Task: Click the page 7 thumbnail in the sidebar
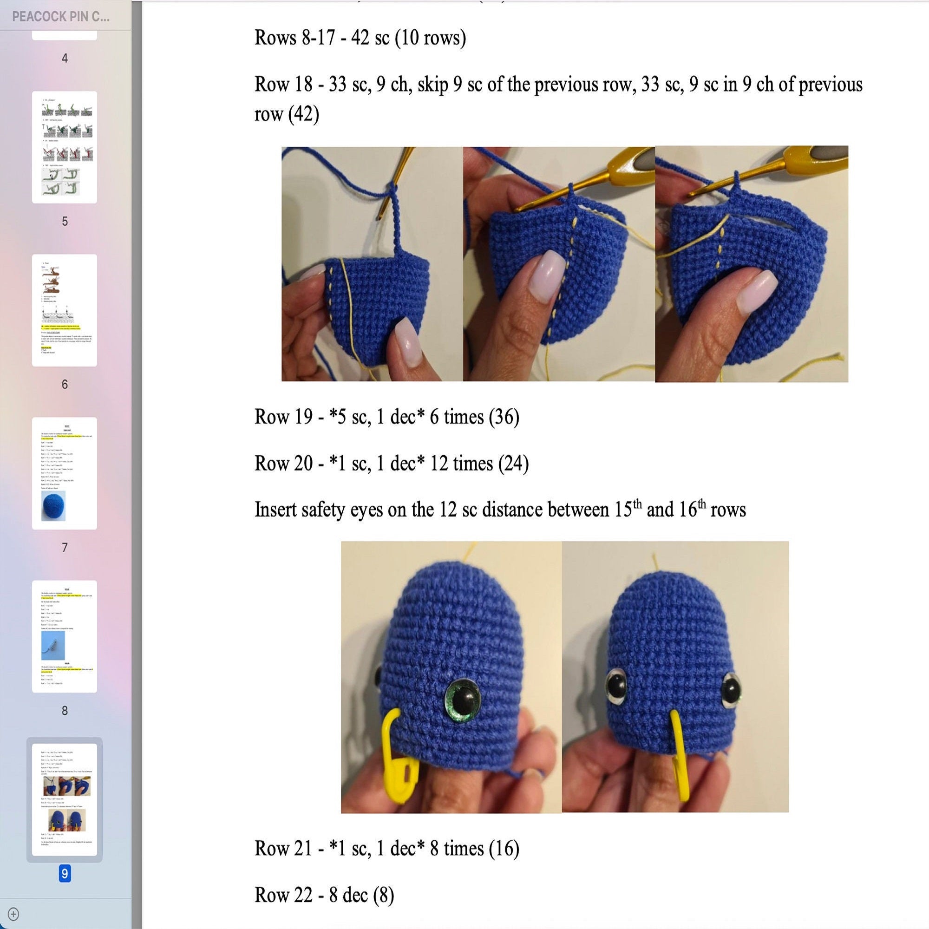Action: [x=65, y=473]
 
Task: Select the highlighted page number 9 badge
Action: [x=65, y=874]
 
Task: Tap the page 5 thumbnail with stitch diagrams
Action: [x=65, y=147]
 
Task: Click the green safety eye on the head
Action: [x=463, y=700]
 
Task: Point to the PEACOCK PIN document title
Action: [x=61, y=17]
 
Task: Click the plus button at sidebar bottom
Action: [x=13, y=914]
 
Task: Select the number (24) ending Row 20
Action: [x=513, y=464]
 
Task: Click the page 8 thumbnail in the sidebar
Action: [x=65, y=636]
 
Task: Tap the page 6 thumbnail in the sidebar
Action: [x=65, y=310]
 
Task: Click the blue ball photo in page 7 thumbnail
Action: [x=53, y=505]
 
